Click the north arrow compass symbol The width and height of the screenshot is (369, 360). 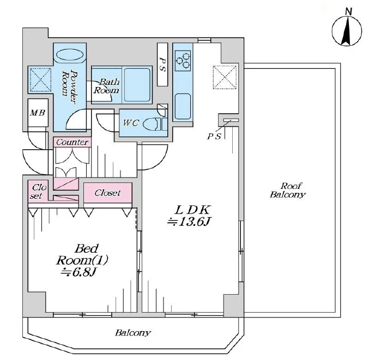coord(347,31)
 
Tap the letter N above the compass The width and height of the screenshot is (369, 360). coord(348,11)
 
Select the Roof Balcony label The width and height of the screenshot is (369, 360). coord(288,190)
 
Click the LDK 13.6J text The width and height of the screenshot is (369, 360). coord(189,216)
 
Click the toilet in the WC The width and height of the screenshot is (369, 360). coord(152,124)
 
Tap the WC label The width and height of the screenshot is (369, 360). coord(131,123)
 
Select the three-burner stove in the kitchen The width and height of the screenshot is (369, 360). coord(183,60)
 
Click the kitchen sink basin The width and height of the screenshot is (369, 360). coord(183,106)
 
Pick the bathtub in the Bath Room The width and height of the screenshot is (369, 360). coord(137,84)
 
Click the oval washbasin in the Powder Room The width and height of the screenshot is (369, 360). coord(70,55)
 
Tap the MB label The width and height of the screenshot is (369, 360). coord(38,113)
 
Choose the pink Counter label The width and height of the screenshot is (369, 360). coord(72,142)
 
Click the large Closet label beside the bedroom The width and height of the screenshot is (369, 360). coord(107,193)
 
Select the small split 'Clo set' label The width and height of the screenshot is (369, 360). coord(38,191)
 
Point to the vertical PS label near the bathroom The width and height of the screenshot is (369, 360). coord(162,64)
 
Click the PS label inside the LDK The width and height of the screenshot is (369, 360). coord(214,136)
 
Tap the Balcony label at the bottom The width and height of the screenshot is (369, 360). coord(133,333)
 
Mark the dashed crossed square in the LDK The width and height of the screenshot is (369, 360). coord(225,77)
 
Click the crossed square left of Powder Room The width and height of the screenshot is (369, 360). coord(40,80)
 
